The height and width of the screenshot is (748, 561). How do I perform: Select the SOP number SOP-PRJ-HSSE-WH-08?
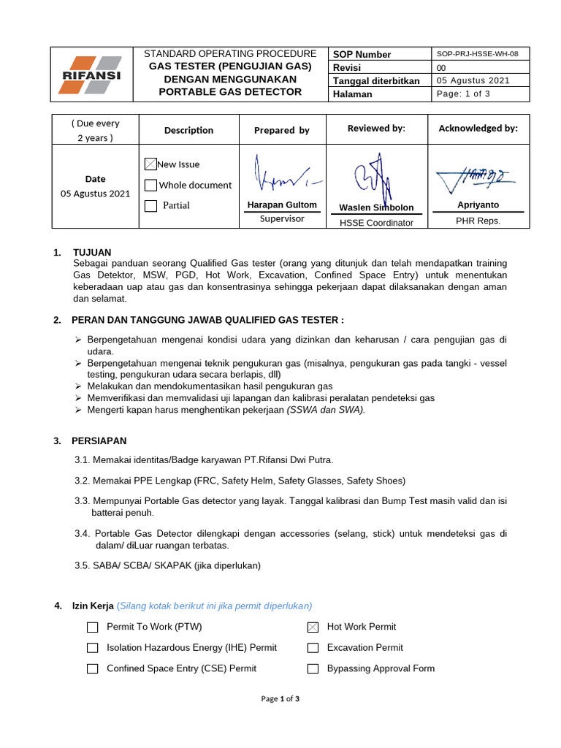pos(477,54)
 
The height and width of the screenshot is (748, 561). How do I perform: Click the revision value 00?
pos(440,67)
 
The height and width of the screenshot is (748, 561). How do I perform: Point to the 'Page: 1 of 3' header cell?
pos(463,93)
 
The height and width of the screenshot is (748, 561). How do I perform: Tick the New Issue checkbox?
pos(150,164)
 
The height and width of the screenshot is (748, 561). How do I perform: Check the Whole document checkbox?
pos(150,186)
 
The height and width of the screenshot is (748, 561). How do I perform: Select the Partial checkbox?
pos(150,206)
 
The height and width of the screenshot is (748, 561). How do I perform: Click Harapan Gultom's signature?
pos(281,175)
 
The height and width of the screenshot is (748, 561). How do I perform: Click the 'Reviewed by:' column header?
pos(375,129)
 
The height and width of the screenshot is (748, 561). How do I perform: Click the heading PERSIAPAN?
pos(99,441)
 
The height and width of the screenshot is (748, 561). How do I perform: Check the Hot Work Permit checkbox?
pos(313,627)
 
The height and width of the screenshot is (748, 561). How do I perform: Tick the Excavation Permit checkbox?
pos(313,648)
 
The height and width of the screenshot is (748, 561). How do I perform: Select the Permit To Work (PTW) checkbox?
pos(92,627)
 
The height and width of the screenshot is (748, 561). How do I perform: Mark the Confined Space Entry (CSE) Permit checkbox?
pos(92,669)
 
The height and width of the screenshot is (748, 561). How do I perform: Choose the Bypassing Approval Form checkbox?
pos(313,669)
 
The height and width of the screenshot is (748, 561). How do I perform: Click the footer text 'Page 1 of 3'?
pos(280,699)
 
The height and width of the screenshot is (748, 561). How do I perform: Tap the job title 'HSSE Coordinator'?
pos(376,223)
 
